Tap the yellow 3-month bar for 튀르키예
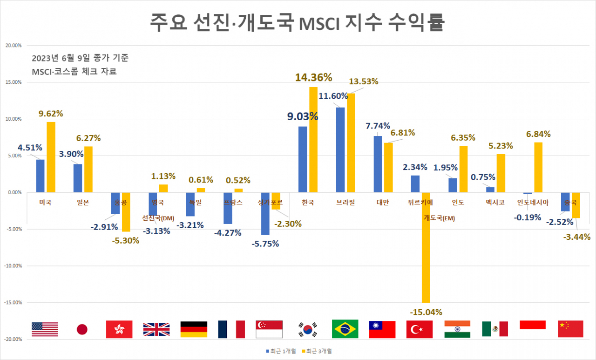point(426,247)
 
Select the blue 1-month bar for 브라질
point(340,149)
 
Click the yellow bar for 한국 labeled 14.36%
point(313,139)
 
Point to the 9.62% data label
point(50,113)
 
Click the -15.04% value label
point(426,312)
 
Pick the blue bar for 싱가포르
point(265,213)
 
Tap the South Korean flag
point(308,329)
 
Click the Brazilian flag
point(345,329)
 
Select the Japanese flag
point(82,330)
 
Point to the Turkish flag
point(420,329)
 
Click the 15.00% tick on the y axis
point(13,82)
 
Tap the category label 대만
point(382,202)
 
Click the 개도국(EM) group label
point(439,217)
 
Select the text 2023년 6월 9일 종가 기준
point(80,58)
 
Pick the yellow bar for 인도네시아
point(538,167)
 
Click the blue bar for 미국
point(41,176)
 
